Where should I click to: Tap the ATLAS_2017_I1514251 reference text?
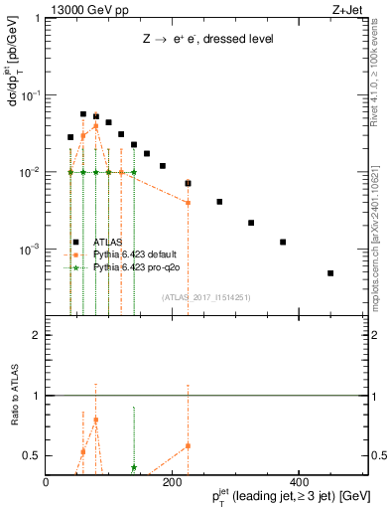click(x=206, y=296)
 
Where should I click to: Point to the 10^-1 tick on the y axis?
click(x=31, y=95)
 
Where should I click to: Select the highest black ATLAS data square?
click(x=83, y=114)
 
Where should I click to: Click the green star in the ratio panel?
click(x=134, y=467)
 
